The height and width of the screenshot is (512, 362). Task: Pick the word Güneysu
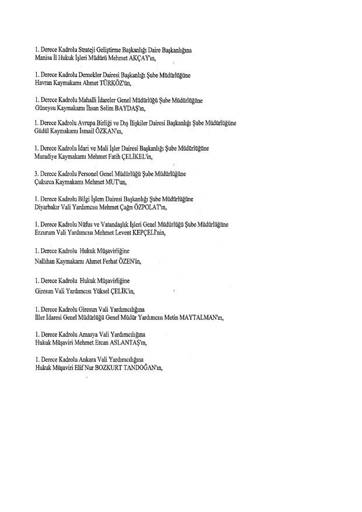tap(48, 109)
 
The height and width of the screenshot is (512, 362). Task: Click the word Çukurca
tap(47, 182)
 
